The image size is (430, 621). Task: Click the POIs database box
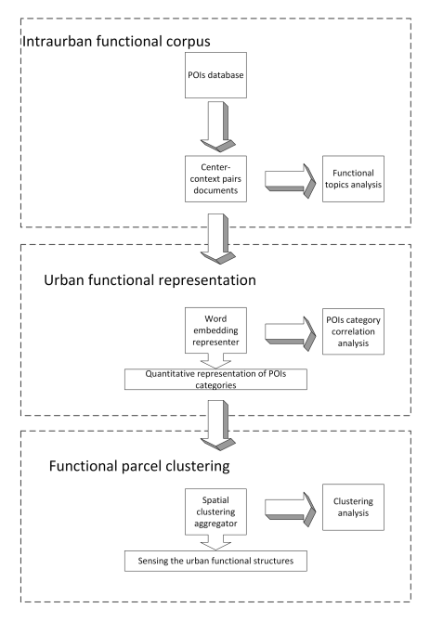[215, 75]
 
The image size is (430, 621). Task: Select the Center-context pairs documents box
[215, 178]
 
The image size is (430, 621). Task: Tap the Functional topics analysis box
[353, 178]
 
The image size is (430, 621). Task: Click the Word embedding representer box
[215, 330]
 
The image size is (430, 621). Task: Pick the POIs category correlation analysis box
[353, 331]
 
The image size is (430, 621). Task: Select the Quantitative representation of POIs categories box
[215, 379]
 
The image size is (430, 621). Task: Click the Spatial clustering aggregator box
[215, 511]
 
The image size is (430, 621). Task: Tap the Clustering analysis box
[353, 507]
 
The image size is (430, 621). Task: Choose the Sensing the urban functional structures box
[215, 561]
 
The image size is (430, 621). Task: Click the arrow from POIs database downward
[217, 127]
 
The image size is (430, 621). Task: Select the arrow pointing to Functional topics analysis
[290, 181]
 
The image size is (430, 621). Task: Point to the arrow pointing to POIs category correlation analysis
[290, 333]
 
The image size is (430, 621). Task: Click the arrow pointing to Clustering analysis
[290, 510]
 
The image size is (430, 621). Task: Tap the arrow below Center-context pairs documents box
[217, 239]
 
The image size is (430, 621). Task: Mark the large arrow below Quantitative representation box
[217, 425]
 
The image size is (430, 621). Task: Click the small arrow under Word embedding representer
[215, 361]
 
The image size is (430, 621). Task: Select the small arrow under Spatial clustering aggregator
[215, 543]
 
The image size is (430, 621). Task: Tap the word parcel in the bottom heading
[139, 466]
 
